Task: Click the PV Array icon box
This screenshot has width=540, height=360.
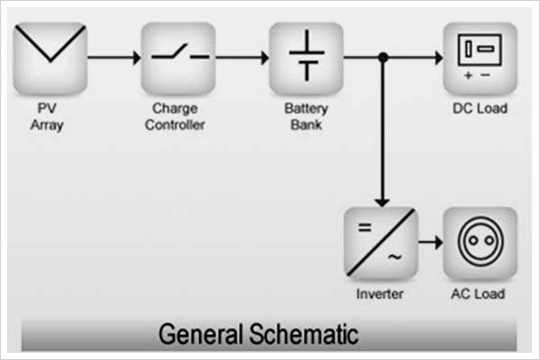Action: pos(50,58)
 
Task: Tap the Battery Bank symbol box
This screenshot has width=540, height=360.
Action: pos(306,58)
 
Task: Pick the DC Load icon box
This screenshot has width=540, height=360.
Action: pos(479,58)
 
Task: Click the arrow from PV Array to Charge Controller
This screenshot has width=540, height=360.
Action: pos(113,58)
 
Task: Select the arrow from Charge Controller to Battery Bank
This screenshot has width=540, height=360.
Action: pos(241,58)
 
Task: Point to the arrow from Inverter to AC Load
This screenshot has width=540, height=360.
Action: pos(430,244)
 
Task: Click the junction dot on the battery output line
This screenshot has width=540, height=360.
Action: pos(382,58)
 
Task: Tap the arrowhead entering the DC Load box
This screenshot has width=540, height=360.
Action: pos(437,58)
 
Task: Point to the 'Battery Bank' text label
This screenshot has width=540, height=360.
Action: pos(306,117)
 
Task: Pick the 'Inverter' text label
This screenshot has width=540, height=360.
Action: pos(380,294)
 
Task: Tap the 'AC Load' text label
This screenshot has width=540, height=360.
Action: pos(479,294)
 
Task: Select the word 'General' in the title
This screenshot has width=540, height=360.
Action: pos(192,335)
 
